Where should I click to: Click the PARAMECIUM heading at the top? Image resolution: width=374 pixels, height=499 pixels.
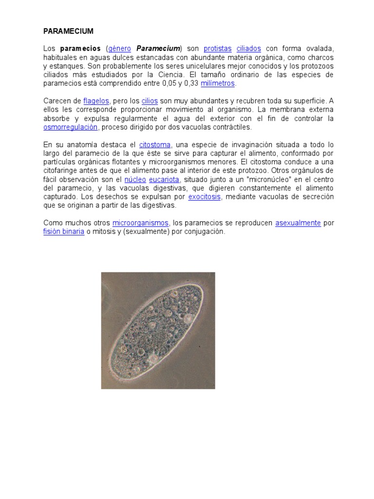click(x=68, y=31)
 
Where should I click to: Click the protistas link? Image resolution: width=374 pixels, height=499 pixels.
click(x=217, y=49)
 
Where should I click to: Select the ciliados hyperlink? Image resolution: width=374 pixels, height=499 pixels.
click(x=249, y=49)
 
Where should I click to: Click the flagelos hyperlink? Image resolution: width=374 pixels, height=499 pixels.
click(x=96, y=101)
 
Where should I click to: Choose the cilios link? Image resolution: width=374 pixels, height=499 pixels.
click(x=150, y=101)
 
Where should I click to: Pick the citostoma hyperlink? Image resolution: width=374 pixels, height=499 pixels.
click(x=155, y=145)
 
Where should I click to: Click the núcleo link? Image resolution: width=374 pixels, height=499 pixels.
click(x=135, y=180)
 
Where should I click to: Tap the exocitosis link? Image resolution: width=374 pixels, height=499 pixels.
click(x=205, y=197)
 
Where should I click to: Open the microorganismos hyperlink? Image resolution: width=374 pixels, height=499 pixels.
click(x=140, y=223)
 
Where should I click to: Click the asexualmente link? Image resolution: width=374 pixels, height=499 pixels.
click(x=298, y=223)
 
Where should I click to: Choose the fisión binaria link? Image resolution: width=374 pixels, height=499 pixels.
click(x=63, y=232)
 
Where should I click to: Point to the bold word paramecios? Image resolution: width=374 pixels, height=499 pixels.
click(x=80, y=49)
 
